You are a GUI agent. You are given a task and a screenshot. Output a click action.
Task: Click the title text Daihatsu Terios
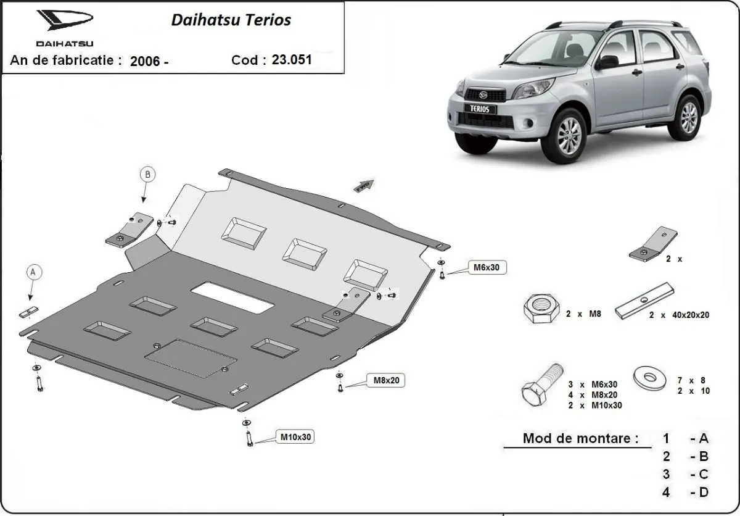231,20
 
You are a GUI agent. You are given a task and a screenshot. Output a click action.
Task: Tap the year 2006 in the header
146,60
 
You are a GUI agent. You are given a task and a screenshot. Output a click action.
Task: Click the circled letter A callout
35,272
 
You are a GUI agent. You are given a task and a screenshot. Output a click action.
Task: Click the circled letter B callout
147,175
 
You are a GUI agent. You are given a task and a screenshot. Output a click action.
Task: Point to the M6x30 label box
486,267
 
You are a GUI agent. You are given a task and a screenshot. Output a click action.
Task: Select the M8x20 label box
387,380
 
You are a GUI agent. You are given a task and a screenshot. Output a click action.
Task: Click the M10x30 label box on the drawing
296,437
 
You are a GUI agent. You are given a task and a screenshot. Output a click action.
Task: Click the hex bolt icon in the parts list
541,385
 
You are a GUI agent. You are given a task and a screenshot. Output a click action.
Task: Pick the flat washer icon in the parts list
651,377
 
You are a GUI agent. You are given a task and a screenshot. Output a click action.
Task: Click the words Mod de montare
580,439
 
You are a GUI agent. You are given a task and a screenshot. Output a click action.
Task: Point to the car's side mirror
606,62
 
